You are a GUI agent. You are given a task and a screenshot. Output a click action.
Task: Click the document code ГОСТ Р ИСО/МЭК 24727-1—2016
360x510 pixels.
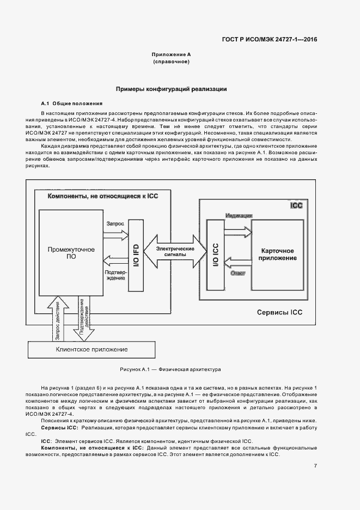point(269,39)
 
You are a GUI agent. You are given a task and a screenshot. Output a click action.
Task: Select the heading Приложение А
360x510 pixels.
point(171,55)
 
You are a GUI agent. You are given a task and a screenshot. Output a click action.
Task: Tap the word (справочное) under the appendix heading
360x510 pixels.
point(171,63)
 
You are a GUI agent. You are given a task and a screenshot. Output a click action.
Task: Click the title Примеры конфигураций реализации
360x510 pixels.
point(171,88)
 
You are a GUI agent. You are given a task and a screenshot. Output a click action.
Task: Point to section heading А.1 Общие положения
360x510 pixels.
point(71,104)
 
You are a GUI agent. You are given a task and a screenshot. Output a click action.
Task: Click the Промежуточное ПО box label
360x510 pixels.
point(71,253)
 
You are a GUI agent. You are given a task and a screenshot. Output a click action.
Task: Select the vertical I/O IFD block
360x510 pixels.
point(136,253)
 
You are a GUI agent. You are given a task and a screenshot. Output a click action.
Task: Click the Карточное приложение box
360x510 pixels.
point(278,253)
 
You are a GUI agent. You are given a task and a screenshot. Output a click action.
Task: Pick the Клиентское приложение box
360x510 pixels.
point(91,349)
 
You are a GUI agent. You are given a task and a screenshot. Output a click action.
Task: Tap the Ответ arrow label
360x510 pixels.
point(238,272)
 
